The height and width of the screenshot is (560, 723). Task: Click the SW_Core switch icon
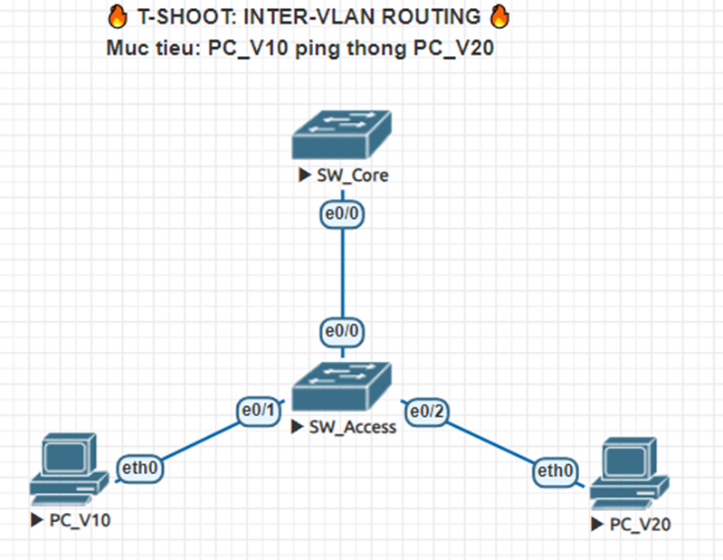pyautogui.click(x=341, y=136)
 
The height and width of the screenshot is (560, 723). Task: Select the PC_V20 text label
pyautogui.click(x=641, y=525)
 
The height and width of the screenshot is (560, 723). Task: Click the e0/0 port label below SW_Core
pyautogui.click(x=342, y=215)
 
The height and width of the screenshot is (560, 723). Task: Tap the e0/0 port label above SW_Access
pyautogui.click(x=342, y=332)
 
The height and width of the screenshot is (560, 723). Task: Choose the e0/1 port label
pyautogui.click(x=256, y=411)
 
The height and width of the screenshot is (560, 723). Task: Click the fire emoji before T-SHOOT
pyautogui.click(x=118, y=16)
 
